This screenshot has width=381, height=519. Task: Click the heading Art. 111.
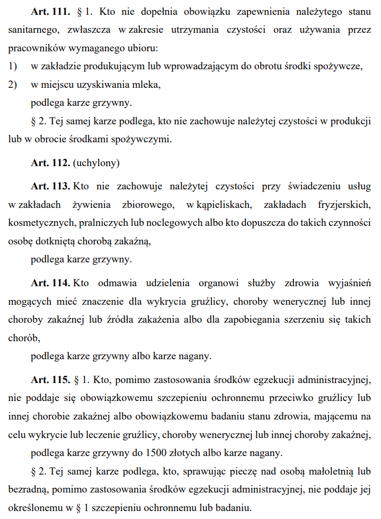click(x=51, y=12)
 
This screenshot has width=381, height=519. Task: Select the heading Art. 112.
click(x=51, y=163)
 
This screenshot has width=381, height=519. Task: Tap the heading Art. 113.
click(x=51, y=186)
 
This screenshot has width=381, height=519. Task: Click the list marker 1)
click(x=13, y=66)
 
